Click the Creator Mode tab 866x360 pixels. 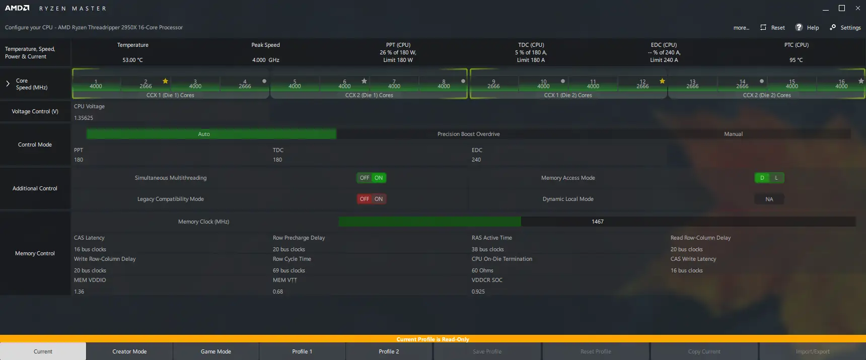click(x=129, y=351)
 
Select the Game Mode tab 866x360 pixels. click(x=216, y=351)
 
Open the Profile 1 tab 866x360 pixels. click(x=302, y=351)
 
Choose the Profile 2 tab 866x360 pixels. click(x=389, y=351)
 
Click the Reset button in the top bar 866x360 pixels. click(x=772, y=28)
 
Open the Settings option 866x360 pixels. click(x=845, y=28)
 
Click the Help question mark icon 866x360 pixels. click(x=799, y=27)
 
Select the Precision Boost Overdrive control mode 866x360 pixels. click(x=468, y=134)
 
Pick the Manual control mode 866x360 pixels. click(x=733, y=134)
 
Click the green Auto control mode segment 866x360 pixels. click(x=204, y=134)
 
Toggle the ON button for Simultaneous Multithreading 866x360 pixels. click(x=379, y=178)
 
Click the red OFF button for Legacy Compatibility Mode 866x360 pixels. click(x=365, y=199)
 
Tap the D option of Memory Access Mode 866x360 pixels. click(x=762, y=178)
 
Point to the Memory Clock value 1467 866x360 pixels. click(x=598, y=222)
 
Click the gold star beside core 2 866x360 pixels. click(x=165, y=81)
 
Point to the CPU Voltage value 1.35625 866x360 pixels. click(x=84, y=118)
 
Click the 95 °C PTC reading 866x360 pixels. click(x=796, y=60)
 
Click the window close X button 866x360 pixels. click(x=858, y=8)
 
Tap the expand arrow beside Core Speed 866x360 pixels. click(x=8, y=84)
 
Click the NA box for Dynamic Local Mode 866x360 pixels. click(x=769, y=199)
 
